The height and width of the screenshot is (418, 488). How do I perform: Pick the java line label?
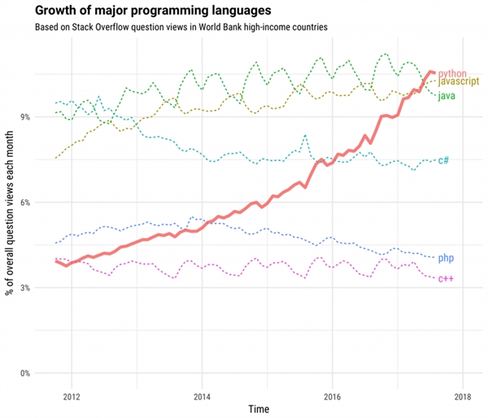[446, 96]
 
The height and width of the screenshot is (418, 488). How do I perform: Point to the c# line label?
[443, 160]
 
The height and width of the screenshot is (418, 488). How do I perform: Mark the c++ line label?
[446, 279]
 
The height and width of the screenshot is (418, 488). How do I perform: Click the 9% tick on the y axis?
[47, 116]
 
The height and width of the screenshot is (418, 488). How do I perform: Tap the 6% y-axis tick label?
[47, 202]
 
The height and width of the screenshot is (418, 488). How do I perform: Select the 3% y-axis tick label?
[47, 288]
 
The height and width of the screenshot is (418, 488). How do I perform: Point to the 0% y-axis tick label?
[47, 373]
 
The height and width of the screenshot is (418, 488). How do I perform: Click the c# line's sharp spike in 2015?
[305, 136]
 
